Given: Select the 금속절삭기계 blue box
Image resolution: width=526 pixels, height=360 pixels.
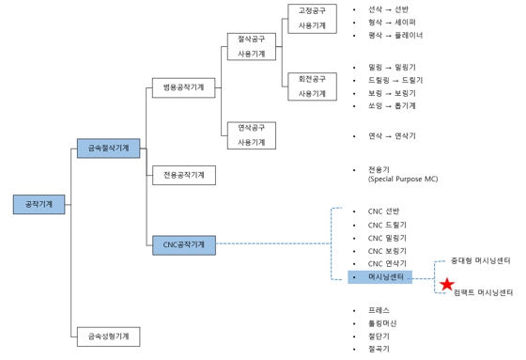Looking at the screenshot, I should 108,148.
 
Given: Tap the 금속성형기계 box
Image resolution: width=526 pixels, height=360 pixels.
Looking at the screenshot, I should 108,335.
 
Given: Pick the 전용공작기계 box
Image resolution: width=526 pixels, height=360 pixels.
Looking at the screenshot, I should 183,175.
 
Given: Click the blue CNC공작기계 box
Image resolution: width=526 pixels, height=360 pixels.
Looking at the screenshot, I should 183,244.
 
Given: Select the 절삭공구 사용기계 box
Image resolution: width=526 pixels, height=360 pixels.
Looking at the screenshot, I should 252,47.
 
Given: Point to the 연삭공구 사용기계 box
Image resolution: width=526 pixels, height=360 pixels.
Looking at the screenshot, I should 252,134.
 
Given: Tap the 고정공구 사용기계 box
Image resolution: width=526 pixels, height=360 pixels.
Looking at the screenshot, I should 312,18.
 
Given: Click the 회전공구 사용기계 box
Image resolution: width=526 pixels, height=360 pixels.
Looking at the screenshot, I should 312,86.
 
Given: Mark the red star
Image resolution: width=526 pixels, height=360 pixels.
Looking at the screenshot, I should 447,284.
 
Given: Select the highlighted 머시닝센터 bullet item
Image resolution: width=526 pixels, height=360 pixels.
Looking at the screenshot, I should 386,278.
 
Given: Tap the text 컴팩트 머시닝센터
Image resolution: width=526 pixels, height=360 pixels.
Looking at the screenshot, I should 483,293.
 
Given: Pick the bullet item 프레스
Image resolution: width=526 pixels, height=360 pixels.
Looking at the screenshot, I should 379,309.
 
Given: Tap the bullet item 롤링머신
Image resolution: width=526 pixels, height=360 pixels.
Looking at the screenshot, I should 383,322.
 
